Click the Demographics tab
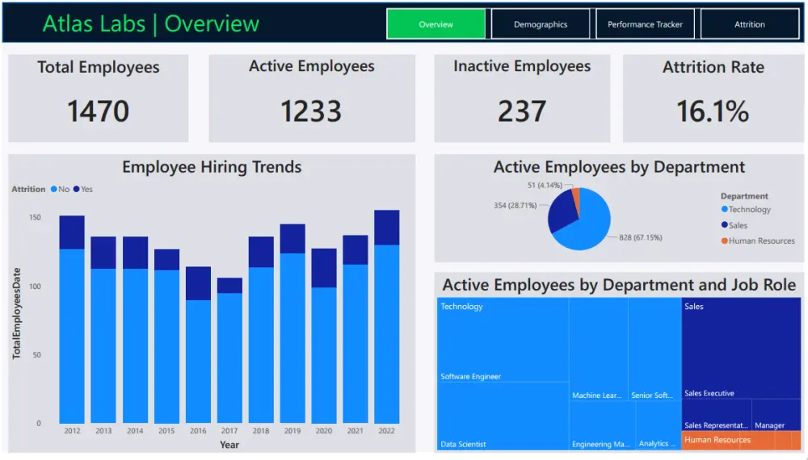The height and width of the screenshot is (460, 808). click(541, 24)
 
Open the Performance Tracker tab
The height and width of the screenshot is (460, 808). click(645, 24)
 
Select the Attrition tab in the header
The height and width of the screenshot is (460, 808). click(749, 24)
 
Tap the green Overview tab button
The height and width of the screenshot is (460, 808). click(436, 24)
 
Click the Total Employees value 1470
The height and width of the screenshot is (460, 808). click(98, 111)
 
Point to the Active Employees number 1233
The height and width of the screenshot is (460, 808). click(311, 111)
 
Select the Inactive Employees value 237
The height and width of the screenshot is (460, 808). click(522, 111)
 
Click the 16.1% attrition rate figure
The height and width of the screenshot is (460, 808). click(713, 111)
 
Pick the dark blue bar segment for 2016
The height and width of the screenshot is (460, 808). click(198, 283)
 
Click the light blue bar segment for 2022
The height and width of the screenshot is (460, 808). click(386, 334)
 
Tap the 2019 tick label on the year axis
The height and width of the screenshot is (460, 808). click(292, 431)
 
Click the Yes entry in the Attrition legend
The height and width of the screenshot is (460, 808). click(83, 190)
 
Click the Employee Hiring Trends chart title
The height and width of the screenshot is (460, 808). click(212, 167)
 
